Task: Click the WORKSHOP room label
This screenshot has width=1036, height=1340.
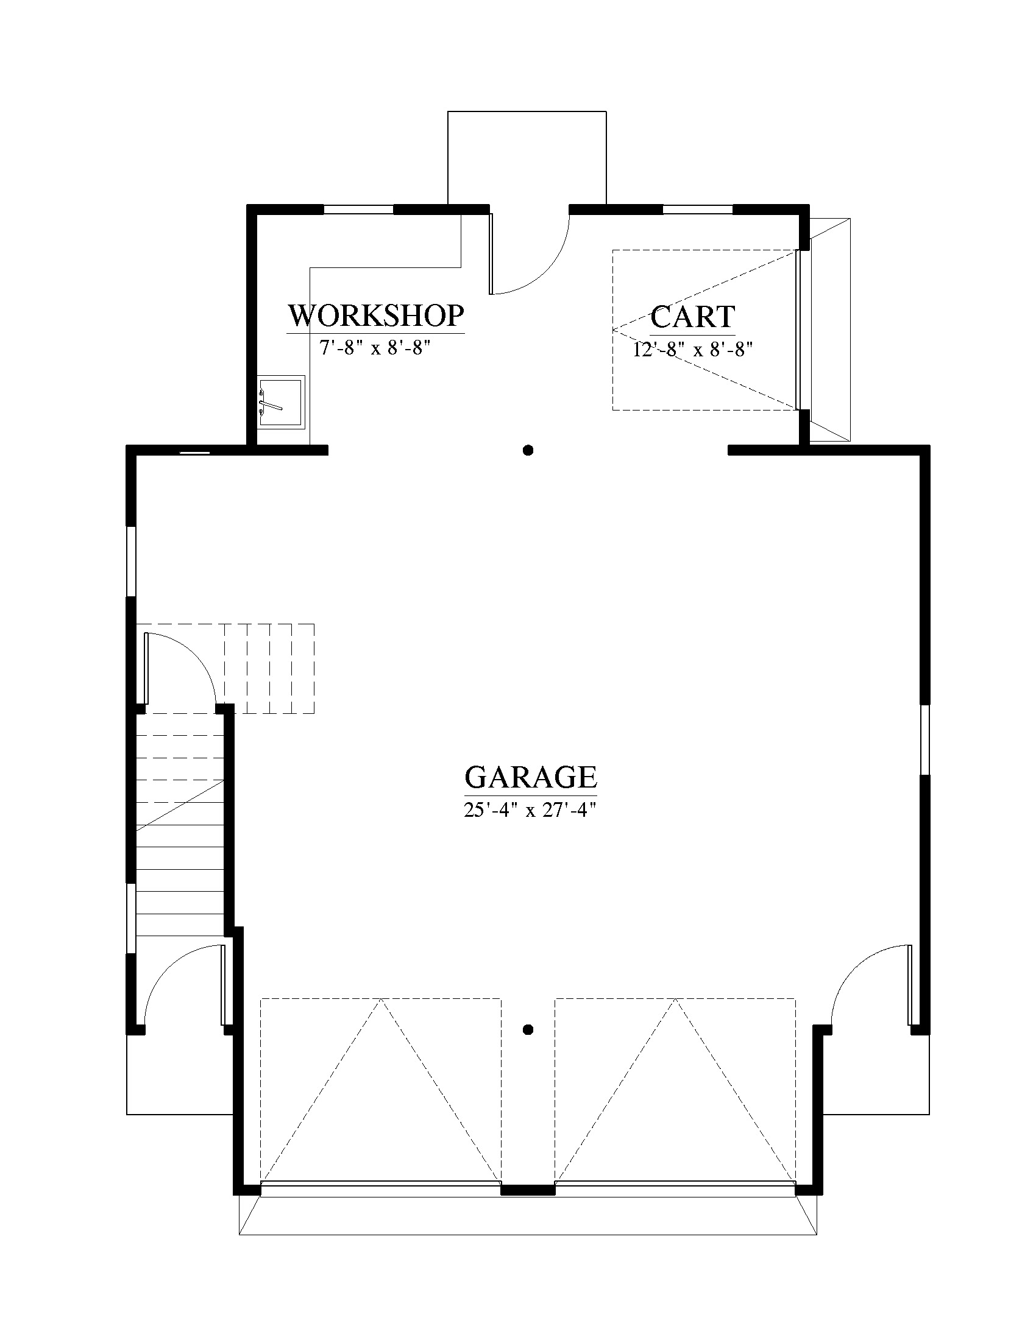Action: (x=375, y=316)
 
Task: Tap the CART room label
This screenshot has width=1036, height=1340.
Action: (x=692, y=317)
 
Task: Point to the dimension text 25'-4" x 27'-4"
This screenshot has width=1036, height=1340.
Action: (x=530, y=810)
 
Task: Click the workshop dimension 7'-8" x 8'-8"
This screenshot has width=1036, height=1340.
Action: (x=374, y=348)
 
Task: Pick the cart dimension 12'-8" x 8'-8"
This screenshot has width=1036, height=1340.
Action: (x=693, y=349)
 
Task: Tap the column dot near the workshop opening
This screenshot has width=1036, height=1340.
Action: (x=528, y=450)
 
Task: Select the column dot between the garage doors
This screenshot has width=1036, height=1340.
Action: (x=528, y=1029)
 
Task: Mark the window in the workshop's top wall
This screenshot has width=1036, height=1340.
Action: (x=358, y=209)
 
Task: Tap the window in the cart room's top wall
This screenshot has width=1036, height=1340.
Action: (x=698, y=209)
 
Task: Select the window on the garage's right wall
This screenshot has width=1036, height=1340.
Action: (x=926, y=740)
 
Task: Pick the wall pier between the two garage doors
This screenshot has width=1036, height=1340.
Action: (x=528, y=1190)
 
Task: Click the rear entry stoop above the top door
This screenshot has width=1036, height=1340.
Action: (x=527, y=158)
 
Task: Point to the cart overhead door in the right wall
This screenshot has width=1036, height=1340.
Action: (x=800, y=330)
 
